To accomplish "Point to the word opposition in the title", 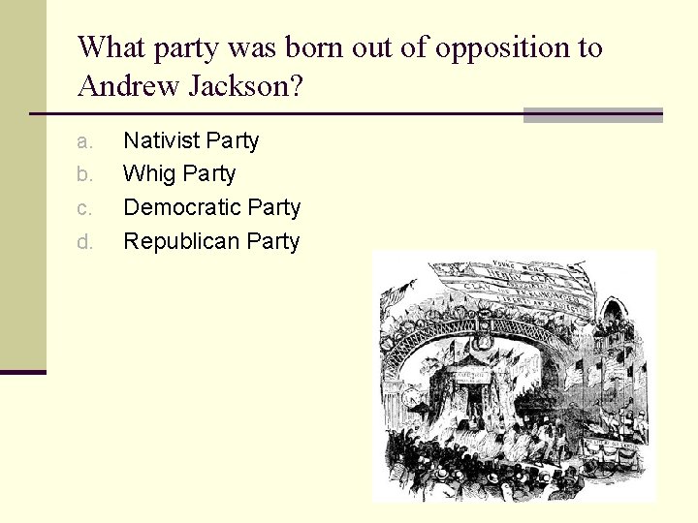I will tap(496, 47).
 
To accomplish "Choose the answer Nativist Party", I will tap(191, 140).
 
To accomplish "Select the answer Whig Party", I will tap(179, 174).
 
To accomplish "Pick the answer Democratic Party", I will tap(211, 207).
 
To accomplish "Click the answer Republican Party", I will tap(211, 241).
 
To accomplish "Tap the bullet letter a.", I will tap(85, 141).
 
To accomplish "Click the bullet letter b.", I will tap(85, 175).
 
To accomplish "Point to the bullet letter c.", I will tap(85, 208).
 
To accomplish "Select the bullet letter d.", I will tap(85, 242).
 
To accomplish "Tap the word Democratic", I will tap(182, 207).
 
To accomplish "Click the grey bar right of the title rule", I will tap(592, 115).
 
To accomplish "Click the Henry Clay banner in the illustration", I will tap(504, 287).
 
